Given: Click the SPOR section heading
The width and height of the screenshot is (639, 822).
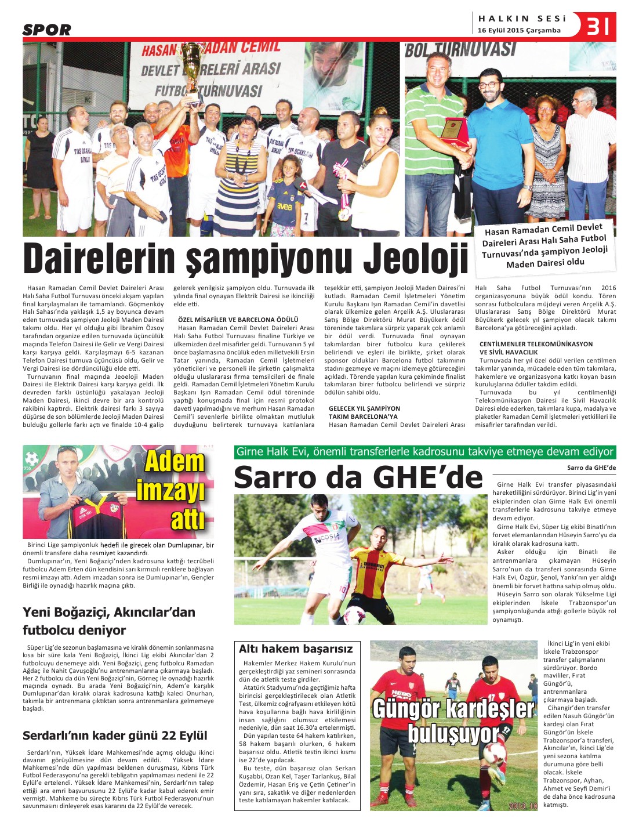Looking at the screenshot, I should pos(47,30).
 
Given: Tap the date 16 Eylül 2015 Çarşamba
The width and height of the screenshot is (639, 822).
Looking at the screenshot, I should pos(519,30).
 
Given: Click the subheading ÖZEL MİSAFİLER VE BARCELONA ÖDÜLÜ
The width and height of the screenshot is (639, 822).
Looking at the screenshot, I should pos(238,320).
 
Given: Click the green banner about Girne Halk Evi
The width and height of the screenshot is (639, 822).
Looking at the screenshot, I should pos(424,452).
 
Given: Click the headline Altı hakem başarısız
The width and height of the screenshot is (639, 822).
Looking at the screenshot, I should pos(296,649).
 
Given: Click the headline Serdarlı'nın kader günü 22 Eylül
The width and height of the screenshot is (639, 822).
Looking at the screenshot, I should pos(115,736).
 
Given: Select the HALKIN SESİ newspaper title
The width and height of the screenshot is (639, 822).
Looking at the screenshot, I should pos(522,19).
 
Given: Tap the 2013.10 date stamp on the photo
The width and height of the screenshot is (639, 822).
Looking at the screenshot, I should pos(523,806).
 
